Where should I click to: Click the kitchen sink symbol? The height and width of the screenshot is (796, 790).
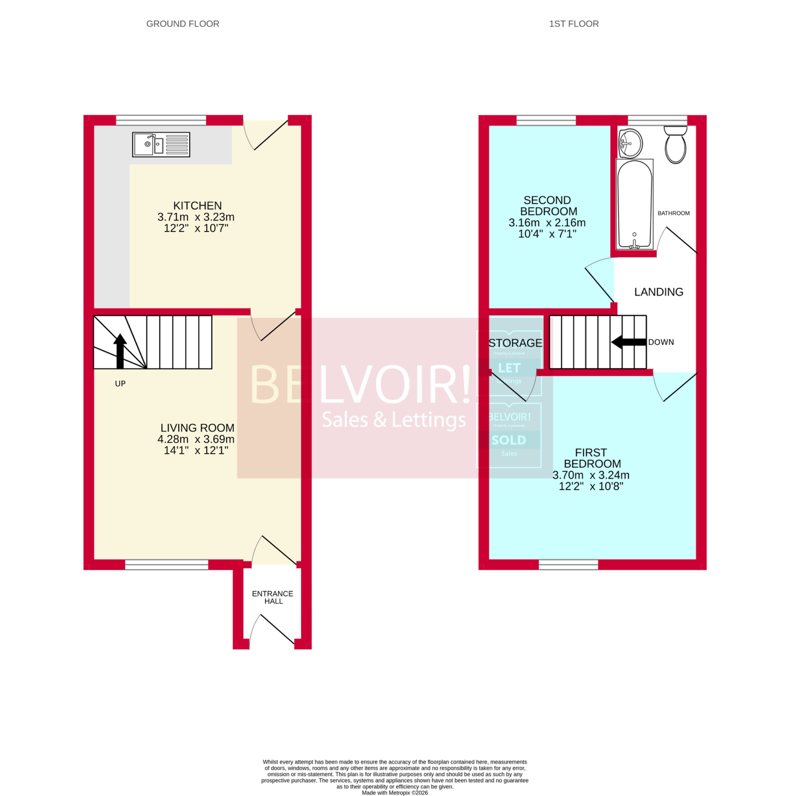click(161, 145)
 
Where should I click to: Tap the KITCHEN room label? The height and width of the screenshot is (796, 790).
click(197, 206)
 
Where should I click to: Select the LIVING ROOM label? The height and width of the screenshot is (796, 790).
click(197, 428)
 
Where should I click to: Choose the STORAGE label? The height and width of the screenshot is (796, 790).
click(515, 343)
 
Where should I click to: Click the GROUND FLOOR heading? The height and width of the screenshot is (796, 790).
click(183, 24)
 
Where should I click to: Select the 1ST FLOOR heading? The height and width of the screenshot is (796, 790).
click(573, 24)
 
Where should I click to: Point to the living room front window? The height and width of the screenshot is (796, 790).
click(166, 564)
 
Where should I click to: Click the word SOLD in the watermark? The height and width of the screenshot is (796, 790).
click(509, 440)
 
